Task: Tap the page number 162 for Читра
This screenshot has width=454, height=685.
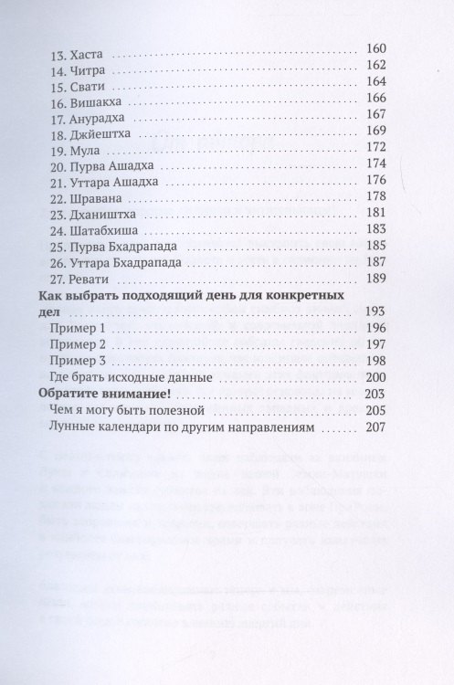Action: pyautogui.click(x=375, y=68)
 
